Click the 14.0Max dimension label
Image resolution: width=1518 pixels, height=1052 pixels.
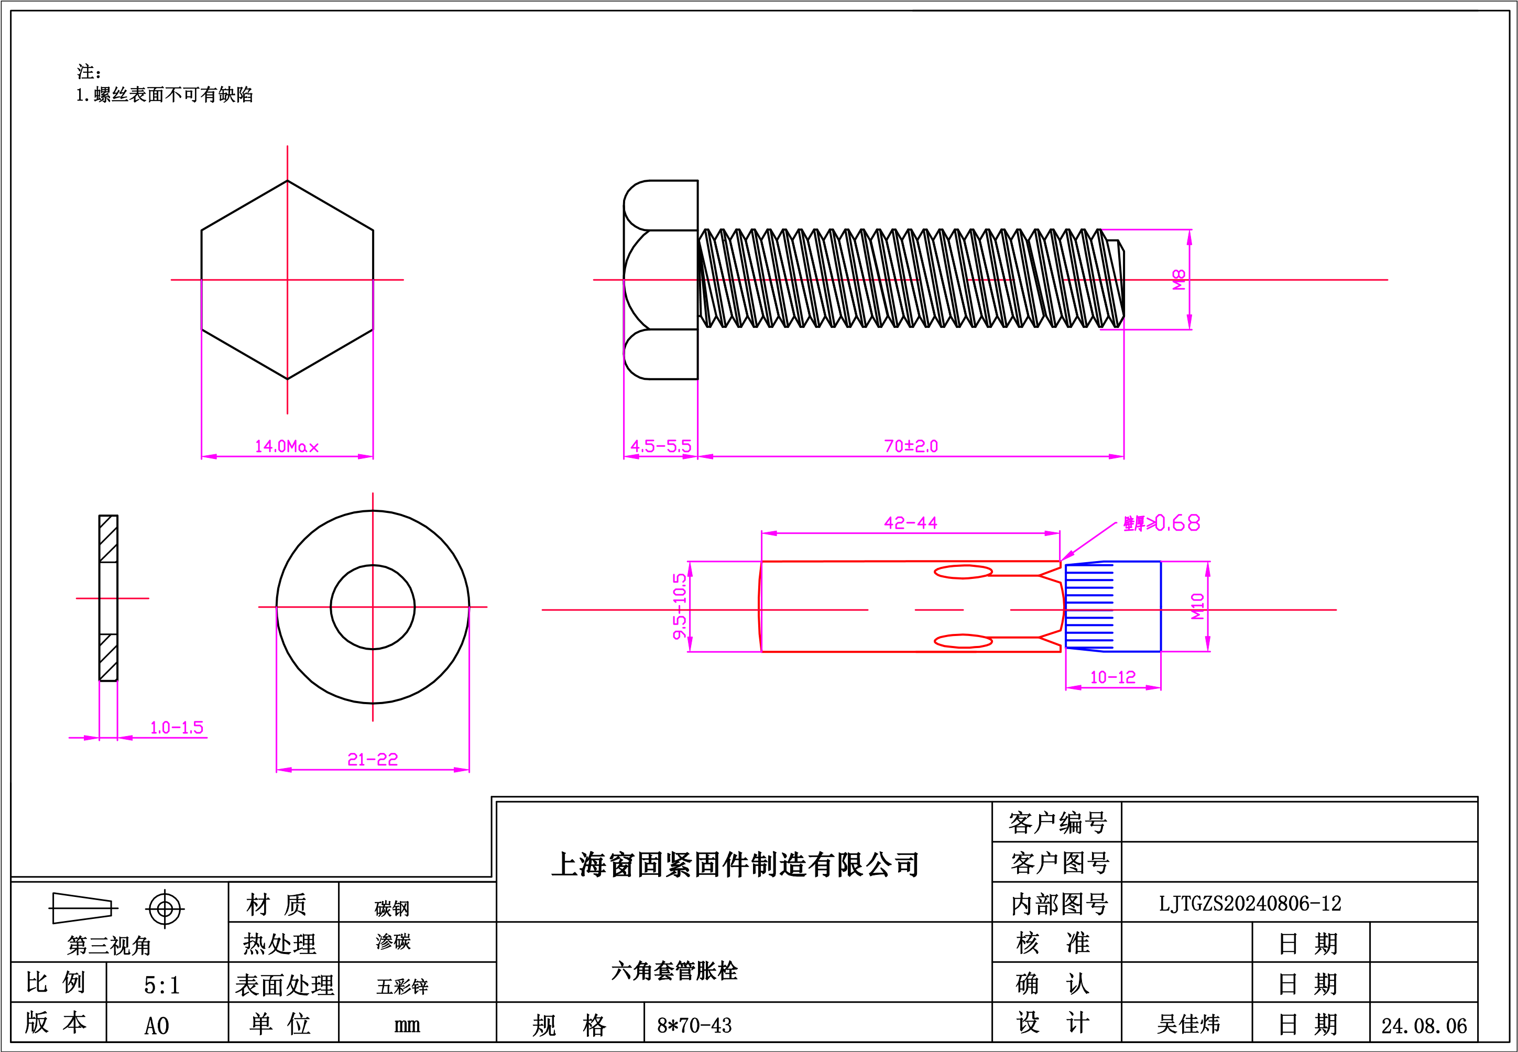click(x=287, y=447)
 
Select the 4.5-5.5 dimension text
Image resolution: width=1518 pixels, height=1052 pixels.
click(x=660, y=446)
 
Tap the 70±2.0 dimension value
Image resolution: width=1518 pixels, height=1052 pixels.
click(x=911, y=446)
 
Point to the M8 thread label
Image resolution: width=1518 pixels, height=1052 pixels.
click(x=1179, y=279)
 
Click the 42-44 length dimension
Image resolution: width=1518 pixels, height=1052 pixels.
click(x=910, y=523)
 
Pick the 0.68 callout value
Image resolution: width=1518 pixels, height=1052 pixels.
click(x=1177, y=523)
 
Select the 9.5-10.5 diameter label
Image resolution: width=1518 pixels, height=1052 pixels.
click(x=680, y=606)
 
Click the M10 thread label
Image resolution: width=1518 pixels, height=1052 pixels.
click(x=1198, y=606)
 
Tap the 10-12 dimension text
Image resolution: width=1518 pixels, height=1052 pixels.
click(x=1112, y=677)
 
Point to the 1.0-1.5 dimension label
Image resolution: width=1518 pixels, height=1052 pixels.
click(x=177, y=728)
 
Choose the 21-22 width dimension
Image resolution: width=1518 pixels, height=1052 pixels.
click(x=373, y=759)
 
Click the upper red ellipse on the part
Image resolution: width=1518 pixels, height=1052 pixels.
click(x=963, y=572)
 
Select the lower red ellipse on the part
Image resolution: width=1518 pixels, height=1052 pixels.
click(x=963, y=641)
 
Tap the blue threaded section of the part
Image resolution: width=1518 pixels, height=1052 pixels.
click(x=1112, y=606)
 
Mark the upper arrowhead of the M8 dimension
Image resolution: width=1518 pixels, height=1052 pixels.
click(x=1189, y=237)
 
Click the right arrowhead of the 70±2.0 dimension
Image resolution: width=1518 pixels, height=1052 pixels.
click(x=1116, y=456)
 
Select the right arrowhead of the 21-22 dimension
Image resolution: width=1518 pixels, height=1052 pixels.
click(x=462, y=769)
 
